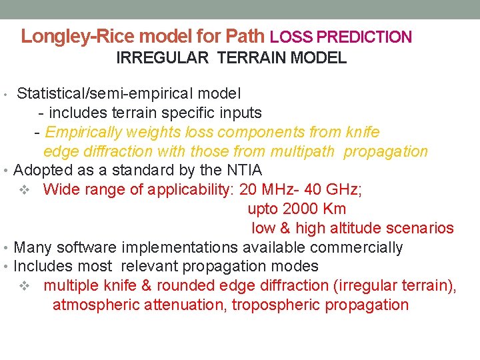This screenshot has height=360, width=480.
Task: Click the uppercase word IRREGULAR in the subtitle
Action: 162,58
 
